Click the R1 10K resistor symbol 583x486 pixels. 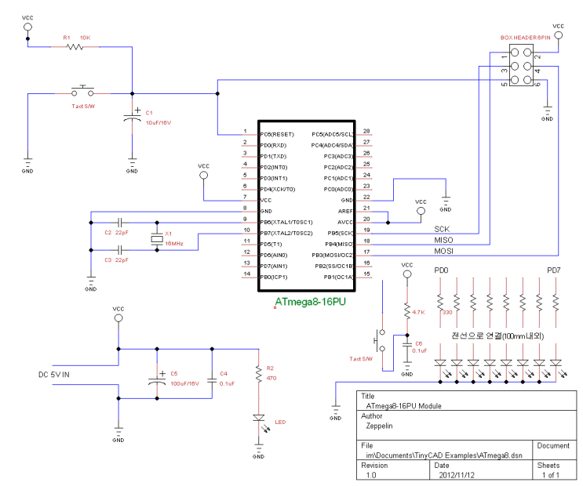click(75, 47)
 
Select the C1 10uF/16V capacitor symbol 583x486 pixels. click(132, 118)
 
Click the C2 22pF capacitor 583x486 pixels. click(121, 223)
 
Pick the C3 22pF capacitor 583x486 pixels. click(121, 250)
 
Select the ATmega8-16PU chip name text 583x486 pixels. click(312, 301)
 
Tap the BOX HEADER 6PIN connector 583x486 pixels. click(520, 69)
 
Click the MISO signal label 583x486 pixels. click(443, 240)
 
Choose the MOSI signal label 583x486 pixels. click(443, 251)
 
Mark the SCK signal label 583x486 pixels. click(443, 228)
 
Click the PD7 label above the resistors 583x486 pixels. click(555, 271)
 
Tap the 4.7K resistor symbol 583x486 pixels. click(406, 311)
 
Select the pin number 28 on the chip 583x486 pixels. click(366, 133)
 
